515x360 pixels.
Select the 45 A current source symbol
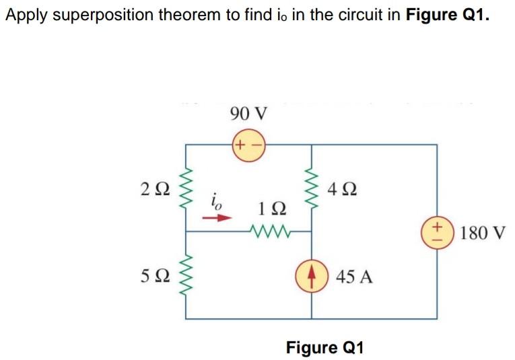[x=312, y=276]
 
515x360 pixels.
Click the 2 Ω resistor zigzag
[x=186, y=189]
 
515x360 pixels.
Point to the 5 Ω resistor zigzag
[x=186, y=277]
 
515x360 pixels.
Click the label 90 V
[x=248, y=112]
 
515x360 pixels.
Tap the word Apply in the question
[x=25, y=15]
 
